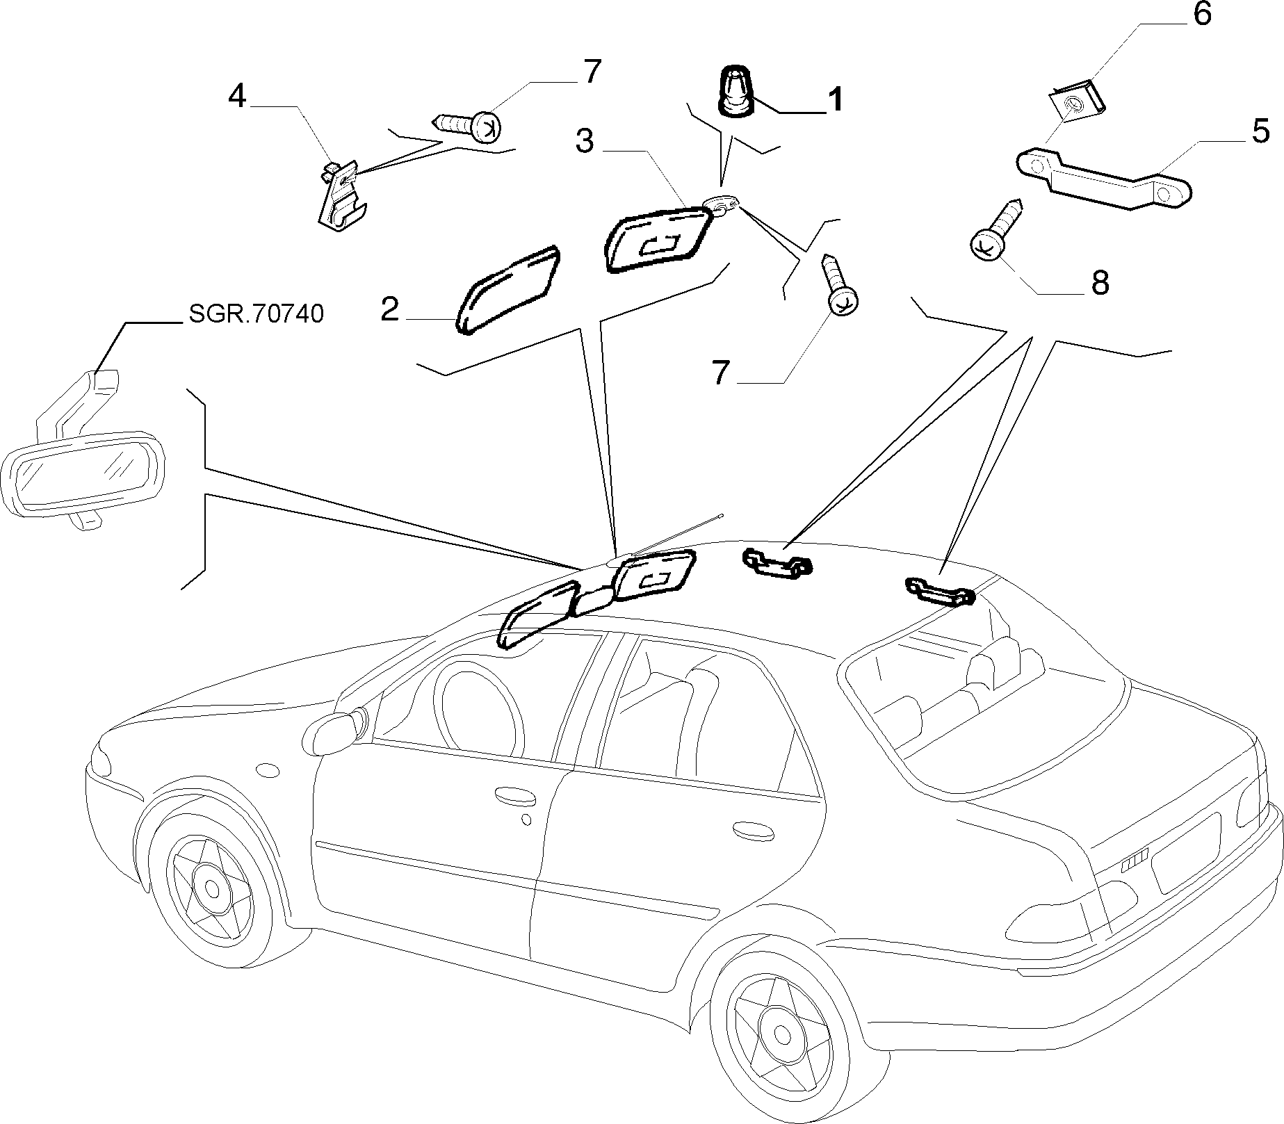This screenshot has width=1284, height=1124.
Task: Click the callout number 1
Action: pos(834,99)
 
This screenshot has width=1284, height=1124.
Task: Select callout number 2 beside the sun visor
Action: pos(390,310)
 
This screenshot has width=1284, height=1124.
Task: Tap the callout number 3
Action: pos(585,141)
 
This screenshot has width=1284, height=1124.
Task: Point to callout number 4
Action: pos(238,96)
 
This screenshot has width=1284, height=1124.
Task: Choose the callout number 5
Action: pos(1261,131)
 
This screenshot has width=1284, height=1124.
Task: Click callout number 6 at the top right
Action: pos(1202,15)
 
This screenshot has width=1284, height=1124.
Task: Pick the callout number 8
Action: pos(1099,283)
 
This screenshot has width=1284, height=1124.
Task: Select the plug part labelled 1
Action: pos(735,90)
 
